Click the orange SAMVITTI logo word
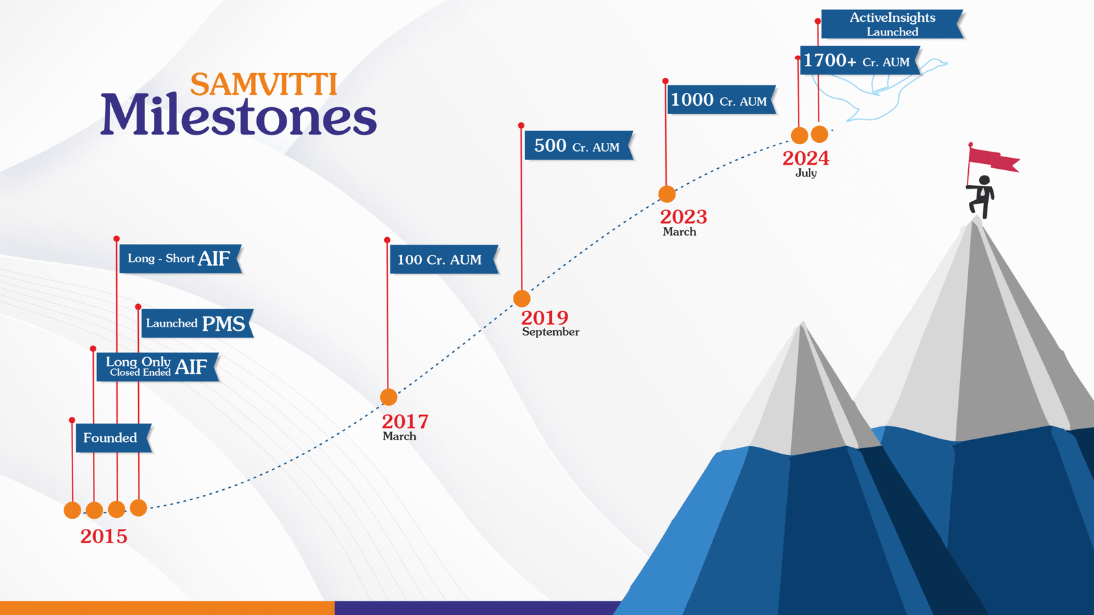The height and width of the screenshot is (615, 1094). [264, 85]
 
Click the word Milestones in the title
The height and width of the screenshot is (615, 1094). [239, 115]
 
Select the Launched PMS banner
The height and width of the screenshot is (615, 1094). [198, 323]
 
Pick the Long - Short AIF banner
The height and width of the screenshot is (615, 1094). [181, 258]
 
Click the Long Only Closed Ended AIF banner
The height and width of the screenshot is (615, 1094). [157, 366]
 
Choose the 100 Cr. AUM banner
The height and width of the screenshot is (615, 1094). [444, 259]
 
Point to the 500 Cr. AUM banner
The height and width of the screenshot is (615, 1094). [579, 146]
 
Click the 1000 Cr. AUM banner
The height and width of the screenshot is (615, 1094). [722, 100]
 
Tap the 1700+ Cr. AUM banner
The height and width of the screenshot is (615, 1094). [861, 61]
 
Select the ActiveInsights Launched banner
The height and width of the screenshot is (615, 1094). [893, 24]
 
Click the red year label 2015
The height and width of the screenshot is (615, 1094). [103, 536]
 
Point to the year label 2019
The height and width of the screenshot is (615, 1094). [544, 318]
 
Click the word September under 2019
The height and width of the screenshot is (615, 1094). [550, 332]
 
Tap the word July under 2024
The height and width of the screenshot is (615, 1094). [806, 173]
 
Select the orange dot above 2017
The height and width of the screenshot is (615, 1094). [389, 397]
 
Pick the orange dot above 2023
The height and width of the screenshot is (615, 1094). [667, 194]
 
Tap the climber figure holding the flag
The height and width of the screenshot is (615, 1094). [980, 196]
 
